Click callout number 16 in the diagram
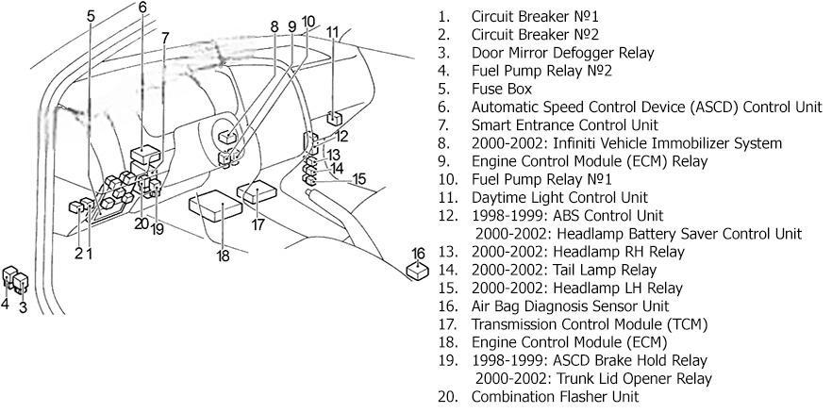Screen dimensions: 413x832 click(418, 253)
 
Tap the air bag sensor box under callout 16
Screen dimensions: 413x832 click(418, 272)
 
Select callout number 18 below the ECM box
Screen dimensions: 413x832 click(224, 256)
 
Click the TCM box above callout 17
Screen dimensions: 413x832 click(255, 195)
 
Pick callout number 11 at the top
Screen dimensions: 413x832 click(333, 32)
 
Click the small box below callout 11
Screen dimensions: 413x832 click(335, 118)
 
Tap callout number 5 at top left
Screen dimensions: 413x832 click(91, 16)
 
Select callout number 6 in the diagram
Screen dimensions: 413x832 click(142, 8)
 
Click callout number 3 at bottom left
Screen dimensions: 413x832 click(22, 306)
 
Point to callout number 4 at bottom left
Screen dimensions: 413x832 click(5, 304)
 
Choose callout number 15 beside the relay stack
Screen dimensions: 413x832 click(359, 178)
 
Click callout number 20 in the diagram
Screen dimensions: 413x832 click(141, 223)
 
